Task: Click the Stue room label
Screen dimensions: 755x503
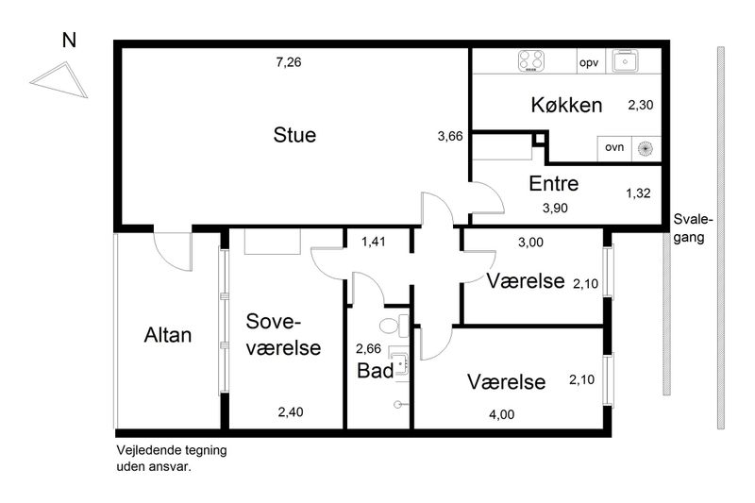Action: (x=294, y=135)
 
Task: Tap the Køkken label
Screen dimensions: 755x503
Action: (x=566, y=105)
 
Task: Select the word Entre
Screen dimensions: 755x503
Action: (x=554, y=183)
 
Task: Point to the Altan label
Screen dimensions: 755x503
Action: (x=168, y=335)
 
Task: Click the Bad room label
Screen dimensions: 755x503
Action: (x=375, y=371)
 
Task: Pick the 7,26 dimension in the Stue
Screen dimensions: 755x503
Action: (x=289, y=62)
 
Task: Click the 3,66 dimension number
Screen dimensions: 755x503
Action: (x=450, y=137)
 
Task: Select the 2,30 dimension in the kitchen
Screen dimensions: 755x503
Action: (x=641, y=105)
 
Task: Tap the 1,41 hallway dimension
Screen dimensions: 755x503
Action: (x=374, y=242)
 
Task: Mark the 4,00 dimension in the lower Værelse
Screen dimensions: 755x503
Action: (x=502, y=414)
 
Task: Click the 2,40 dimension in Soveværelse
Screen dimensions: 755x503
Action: (x=291, y=412)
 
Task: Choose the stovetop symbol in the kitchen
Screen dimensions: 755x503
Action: (x=531, y=61)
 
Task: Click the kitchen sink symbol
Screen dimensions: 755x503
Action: (x=625, y=60)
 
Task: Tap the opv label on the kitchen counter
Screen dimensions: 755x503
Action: (x=589, y=63)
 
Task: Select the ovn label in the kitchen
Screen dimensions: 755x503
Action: (x=614, y=147)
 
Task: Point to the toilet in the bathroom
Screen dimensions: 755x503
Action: (x=394, y=326)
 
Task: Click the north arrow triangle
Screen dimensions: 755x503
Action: (x=59, y=79)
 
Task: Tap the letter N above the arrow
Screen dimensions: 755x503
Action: (x=69, y=41)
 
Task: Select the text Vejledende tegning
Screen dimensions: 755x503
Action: (x=172, y=450)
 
